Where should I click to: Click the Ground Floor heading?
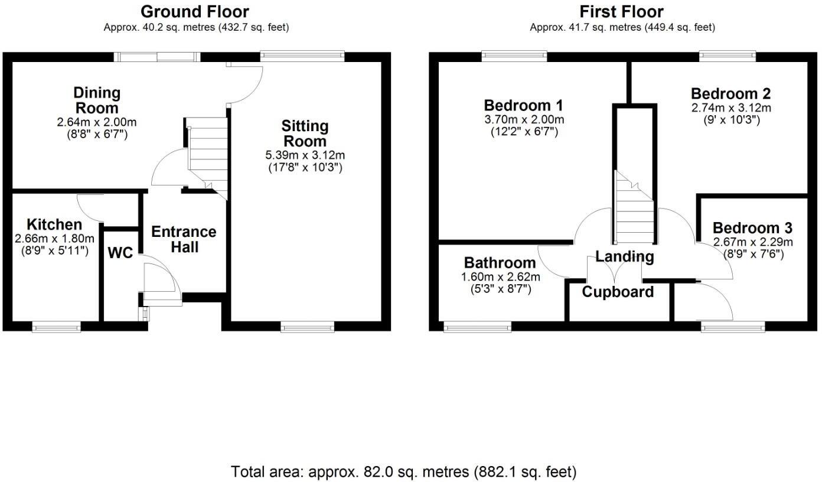pos(195,11)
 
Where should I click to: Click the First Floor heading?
pos(621,11)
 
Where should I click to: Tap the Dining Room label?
pos(96,100)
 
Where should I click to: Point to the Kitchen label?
pos(54,224)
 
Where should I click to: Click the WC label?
pos(120,253)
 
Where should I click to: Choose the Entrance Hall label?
pos(184,239)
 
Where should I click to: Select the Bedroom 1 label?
pos(523,106)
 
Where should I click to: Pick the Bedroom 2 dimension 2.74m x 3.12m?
pos(730,108)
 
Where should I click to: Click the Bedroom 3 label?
pos(752,229)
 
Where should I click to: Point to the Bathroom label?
pos(500,263)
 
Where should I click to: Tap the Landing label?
pos(624,256)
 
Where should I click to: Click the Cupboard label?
pos(618,292)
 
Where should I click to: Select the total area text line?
pos(403,472)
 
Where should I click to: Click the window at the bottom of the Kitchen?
pos(56,327)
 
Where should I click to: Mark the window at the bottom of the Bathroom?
pos(477,327)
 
